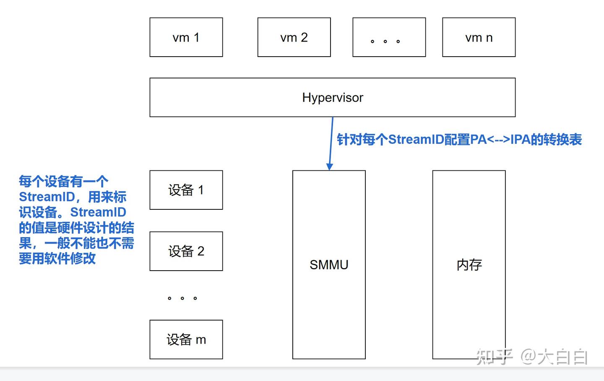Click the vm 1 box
tap(186, 37)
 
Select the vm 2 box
tap(294, 37)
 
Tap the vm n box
tap(479, 37)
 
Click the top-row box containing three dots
tap(389, 37)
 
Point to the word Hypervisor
tap(333, 97)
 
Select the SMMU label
tap(329, 265)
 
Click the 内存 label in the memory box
tap(469, 265)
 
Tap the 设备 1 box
tap(186, 190)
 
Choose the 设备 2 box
tap(186, 251)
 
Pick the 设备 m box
tap(186, 339)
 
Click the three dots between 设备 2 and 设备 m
tap(182, 298)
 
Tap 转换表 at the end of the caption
tap(563, 139)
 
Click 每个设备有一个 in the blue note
tap(63, 181)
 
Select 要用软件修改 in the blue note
tap(57, 258)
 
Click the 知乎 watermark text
tap(495, 357)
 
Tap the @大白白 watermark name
tap(554, 357)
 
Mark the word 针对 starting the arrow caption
tap(349, 139)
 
